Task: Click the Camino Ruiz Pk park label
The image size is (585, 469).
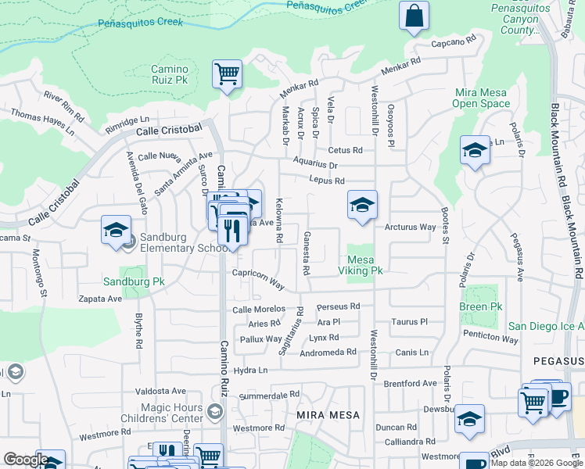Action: [170, 74]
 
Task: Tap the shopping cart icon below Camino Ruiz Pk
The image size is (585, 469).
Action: [227, 75]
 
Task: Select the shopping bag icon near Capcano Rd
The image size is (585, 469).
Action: [414, 16]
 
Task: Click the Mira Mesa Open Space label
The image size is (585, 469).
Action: [481, 98]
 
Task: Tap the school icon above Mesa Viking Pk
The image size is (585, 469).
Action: [362, 206]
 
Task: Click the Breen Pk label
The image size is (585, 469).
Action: [480, 306]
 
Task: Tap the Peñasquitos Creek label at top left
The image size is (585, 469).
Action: [141, 23]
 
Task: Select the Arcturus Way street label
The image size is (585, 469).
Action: [410, 227]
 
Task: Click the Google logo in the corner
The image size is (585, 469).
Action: [26, 460]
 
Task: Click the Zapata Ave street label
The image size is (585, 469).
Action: [101, 299]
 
